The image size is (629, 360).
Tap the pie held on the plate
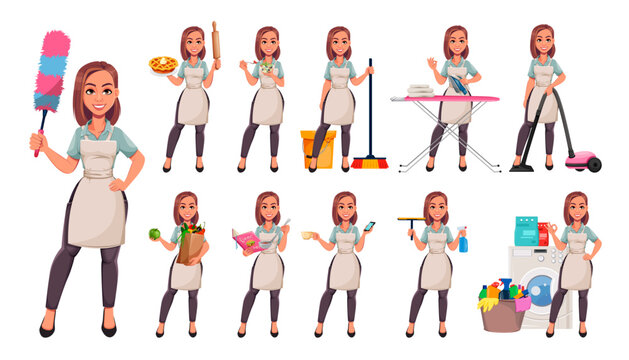(163, 64)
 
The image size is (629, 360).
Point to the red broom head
(370, 161)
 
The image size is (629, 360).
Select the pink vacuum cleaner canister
(582, 160)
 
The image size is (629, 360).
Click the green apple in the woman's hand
(154, 234)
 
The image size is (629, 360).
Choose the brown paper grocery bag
(190, 246)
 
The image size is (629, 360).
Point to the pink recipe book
(247, 240)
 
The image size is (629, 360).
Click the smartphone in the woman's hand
(369, 227)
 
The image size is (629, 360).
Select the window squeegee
(410, 221)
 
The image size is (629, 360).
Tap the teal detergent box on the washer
(526, 231)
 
